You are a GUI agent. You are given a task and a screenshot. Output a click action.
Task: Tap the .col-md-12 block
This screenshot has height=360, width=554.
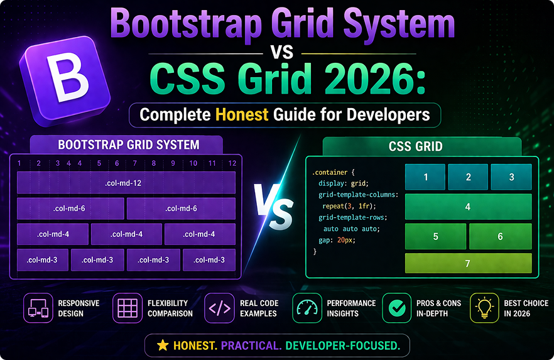pyautogui.click(x=126, y=182)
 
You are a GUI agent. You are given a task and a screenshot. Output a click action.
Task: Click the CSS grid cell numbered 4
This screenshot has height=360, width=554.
pyautogui.click(x=468, y=207)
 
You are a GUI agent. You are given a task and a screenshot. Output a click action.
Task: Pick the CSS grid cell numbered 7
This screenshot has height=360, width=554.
pyautogui.click(x=468, y=264)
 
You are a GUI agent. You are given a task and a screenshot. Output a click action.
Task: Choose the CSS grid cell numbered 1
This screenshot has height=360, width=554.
pyautogui.click(x=425, y=177)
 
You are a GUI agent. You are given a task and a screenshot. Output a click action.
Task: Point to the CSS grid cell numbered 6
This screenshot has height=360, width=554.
pyautogui.click(x=500, y=236)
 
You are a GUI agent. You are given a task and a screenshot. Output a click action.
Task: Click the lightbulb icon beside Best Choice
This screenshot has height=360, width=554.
pyautogui.click(x=484, y=308)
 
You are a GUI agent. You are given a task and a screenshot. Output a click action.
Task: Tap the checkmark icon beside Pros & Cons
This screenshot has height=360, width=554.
pyautogui.click(x=396, y=308)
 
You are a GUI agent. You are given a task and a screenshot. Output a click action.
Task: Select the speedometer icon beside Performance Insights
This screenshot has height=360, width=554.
pyautogui.click(x=307, y=308)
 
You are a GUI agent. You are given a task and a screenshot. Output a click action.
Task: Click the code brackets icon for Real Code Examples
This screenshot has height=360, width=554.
pyautogui.click(x=219, y=308)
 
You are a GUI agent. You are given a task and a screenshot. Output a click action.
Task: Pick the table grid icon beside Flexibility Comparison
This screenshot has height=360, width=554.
pyautogui.click(x=128, y=308)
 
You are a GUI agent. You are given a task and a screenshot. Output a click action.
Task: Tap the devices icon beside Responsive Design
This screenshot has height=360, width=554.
pyautogui.click(x=38, y=308)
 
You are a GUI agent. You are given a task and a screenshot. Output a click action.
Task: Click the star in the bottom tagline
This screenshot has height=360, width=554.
pyautogui.click(x=162, y=346)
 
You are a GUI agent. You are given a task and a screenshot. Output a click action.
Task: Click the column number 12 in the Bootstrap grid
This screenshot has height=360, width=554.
pyautogui.click(x=232, y=163)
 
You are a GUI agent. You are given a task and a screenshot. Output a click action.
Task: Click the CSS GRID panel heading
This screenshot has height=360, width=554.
pyautogui.click(x=415, y=146)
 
